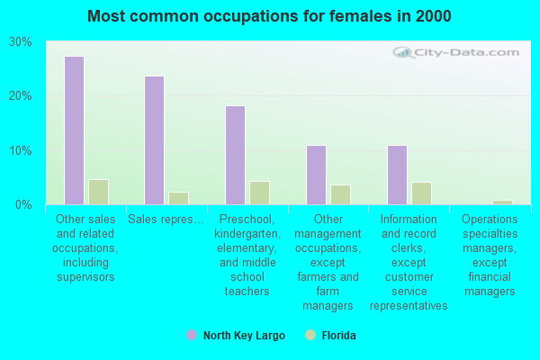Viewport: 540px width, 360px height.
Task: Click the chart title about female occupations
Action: (270, 16)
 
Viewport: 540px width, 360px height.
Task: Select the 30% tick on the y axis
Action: (21, 42)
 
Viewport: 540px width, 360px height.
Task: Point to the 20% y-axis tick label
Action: (21, 96)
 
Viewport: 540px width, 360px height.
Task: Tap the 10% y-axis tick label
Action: (21, 150)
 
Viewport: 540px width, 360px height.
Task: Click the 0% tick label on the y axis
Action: (24, 204)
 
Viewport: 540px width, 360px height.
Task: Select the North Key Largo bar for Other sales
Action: (74, 130)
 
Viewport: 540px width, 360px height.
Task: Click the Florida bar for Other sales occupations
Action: (98, 192)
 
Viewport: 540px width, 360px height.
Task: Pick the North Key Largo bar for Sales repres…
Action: (155, 140)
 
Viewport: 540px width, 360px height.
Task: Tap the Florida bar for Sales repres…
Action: (178, 198)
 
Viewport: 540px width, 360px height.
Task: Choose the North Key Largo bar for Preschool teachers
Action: (235, 155)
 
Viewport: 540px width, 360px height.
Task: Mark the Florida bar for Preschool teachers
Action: (259, 193)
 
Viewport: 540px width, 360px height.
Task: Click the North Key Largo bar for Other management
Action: (316, 175)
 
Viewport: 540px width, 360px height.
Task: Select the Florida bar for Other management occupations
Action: (340, 194)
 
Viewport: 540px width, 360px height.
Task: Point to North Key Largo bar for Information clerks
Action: (397, 175)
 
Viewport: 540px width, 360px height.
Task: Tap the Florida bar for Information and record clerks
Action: (421, 193)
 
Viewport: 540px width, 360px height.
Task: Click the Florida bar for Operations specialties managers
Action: (502, 202)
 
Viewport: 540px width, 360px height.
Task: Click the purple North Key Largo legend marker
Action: (192, 335)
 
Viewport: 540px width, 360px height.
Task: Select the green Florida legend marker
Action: (311, 335)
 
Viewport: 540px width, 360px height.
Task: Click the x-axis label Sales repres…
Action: (166, 219)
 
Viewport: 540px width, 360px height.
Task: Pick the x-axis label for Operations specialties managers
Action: (490, 255)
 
